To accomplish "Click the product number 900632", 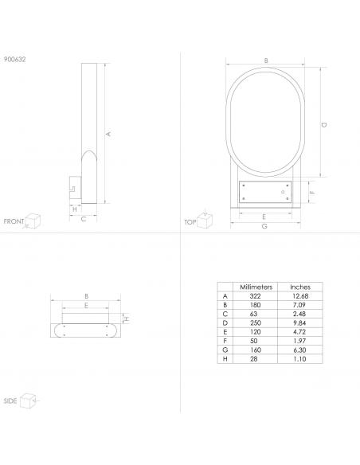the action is (x=15, y=59).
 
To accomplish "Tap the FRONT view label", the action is (x=14, y=221).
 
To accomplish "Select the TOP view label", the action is (x=190, y=222).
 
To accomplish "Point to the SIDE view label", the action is (x=10, y=401).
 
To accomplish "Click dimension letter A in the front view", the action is (x=108, y=134).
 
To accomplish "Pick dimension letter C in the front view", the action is (x=84, y=219).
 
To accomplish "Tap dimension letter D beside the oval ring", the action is (x=324, y=125).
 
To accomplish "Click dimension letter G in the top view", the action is (x=264, y=226).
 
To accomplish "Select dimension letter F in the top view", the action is (x=312, y=192).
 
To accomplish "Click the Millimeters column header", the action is (x=256, y=287).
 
